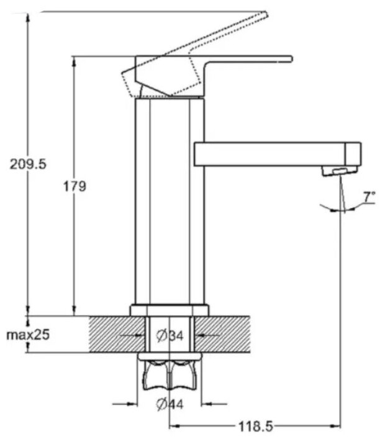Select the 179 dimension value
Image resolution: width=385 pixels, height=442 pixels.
point(75,186)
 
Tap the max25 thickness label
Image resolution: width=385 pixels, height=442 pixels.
point(28,335)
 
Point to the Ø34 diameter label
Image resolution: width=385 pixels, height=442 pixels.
point(170,336)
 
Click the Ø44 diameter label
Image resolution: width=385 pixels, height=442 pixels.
point(170,405)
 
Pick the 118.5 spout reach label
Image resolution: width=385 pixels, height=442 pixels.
point(254,426)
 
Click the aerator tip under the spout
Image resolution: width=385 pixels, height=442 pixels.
point(338,171)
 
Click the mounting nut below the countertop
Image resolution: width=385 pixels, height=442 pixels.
point(169,372)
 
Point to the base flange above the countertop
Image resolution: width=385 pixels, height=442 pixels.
point(169,309)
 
